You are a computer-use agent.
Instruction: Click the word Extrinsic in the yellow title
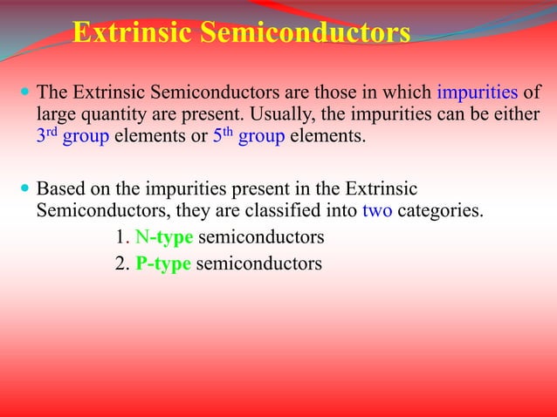[x=132, y=33]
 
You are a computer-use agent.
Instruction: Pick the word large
[x=55, y=115]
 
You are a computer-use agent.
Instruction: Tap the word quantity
[x=110, y=115]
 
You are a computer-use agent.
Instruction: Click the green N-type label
[x=163, y=236]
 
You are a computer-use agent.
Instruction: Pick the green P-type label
[x=163, y=263]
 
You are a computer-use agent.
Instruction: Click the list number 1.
[x=120, y=236]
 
